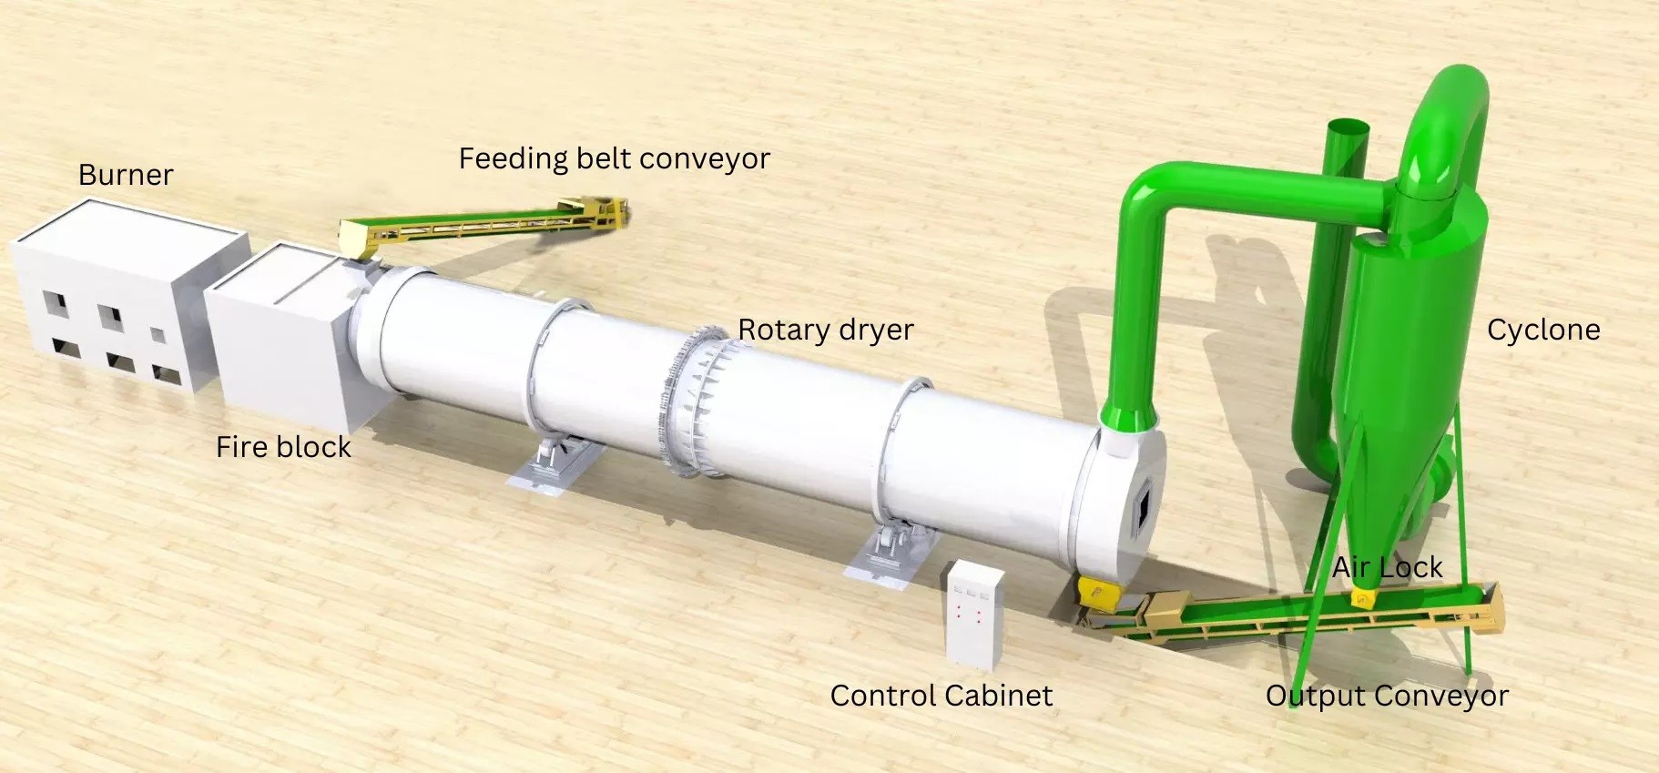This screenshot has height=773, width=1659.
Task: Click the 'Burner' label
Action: (126, 175)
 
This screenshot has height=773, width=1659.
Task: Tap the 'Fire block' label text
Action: (283, 447)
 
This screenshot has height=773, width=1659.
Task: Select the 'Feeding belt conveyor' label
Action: (614, 158)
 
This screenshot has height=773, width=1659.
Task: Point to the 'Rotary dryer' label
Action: (825, 330)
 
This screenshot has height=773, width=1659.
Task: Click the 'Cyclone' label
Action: (1542, 330)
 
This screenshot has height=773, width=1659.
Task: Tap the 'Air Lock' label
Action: (1387, 568)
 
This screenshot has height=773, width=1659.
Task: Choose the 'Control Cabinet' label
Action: (941, 696)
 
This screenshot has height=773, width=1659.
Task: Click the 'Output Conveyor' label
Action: (1386, 696)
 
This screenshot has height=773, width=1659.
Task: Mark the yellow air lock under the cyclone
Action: (1362, 597)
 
